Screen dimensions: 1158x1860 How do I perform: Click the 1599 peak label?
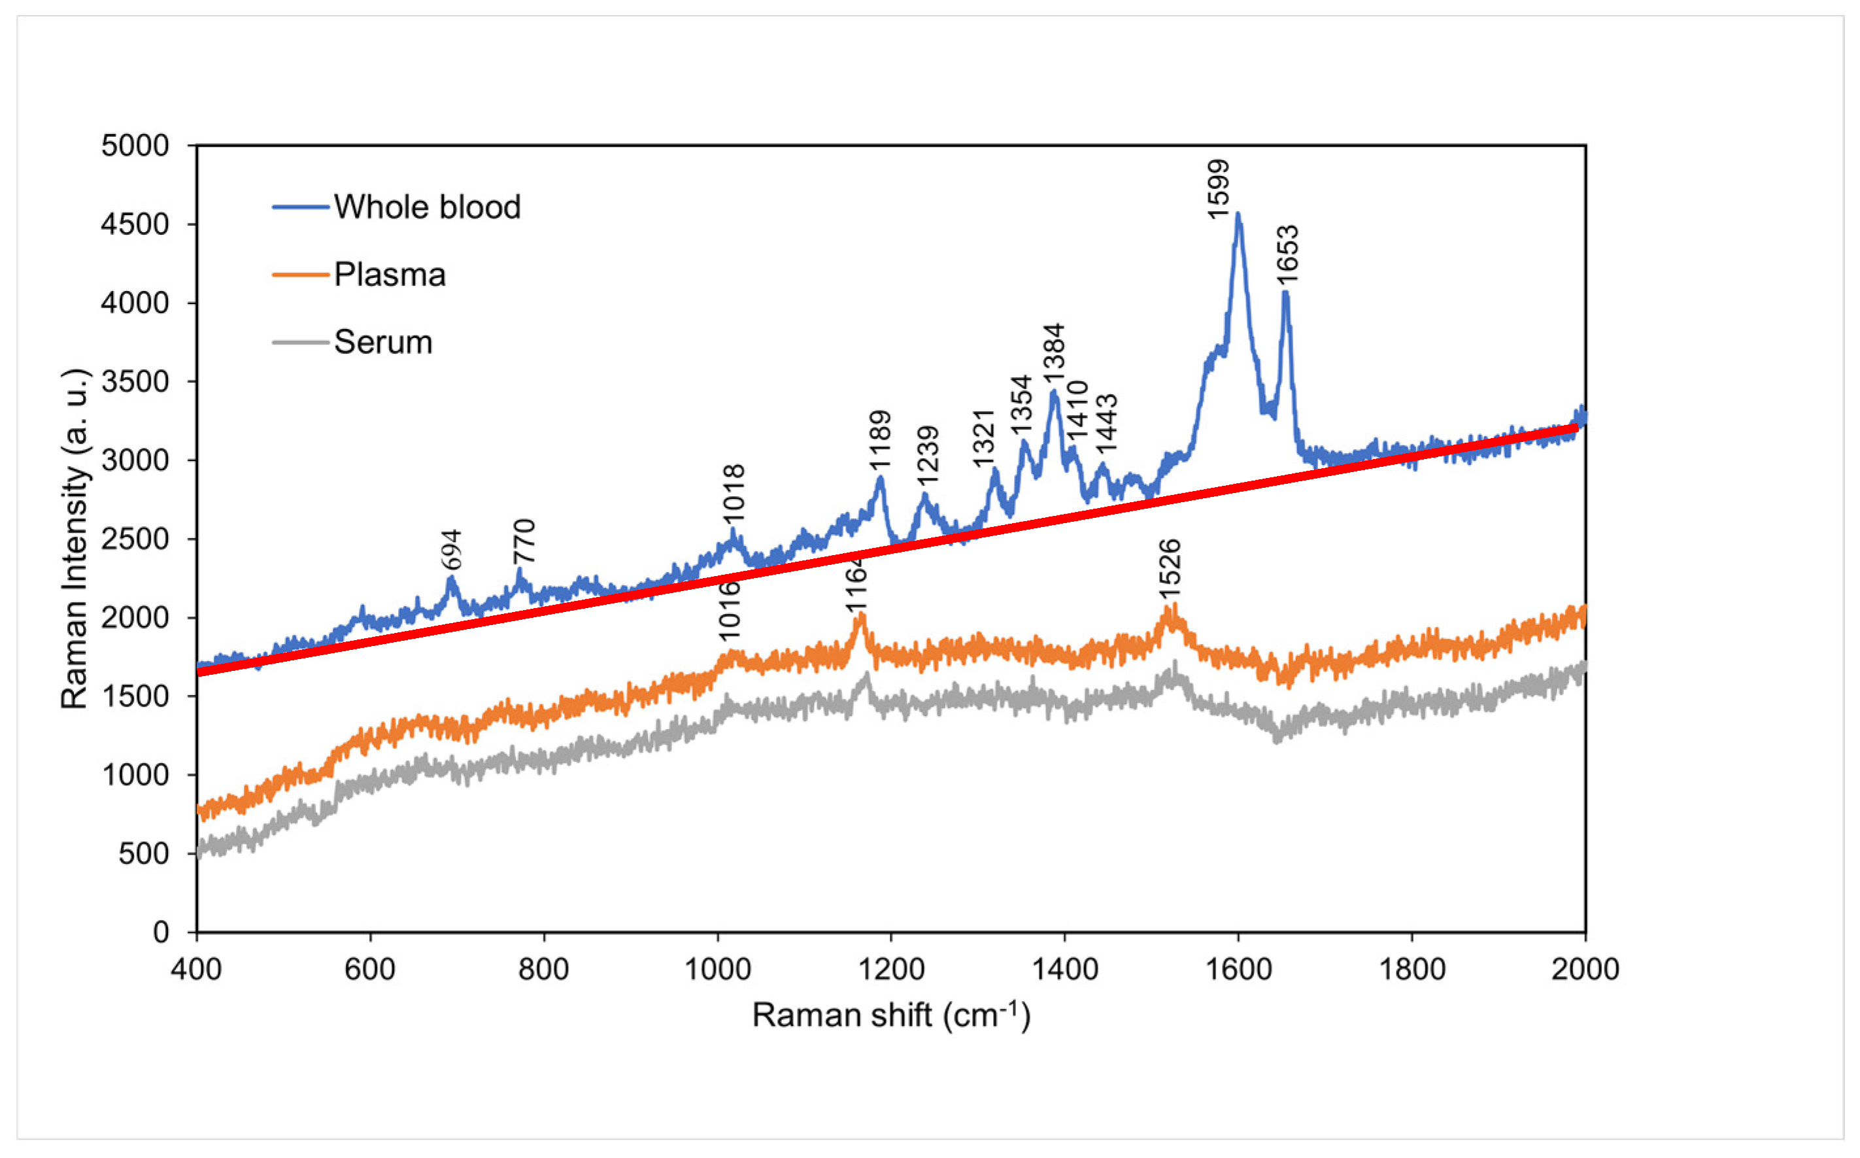[x=1217, y=189]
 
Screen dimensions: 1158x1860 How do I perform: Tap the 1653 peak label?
[x=1288, y=254]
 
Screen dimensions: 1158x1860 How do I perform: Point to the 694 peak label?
[x=452, y=549]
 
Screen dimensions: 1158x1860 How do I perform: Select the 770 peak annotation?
[x=524, y=541]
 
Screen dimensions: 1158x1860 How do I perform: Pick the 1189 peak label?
[x=881, y=439]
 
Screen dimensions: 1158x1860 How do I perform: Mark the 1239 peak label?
[x=928, y=455]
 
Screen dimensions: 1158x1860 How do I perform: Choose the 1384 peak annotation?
[x=1055, y=354]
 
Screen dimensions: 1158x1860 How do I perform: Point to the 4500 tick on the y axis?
[x=135, y=224]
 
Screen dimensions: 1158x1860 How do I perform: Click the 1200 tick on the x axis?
[x=890, y=970]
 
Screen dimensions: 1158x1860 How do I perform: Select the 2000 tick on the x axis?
[x=1584, y=970]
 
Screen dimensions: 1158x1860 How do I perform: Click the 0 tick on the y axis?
[x=161, y=932]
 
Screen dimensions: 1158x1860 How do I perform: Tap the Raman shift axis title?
[x=890, y=1015]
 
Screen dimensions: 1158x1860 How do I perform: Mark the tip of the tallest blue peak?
[x=1238, y=214]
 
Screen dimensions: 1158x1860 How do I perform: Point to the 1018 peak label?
[x=734, y=493]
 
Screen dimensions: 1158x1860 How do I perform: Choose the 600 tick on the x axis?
[x=370, y=970]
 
